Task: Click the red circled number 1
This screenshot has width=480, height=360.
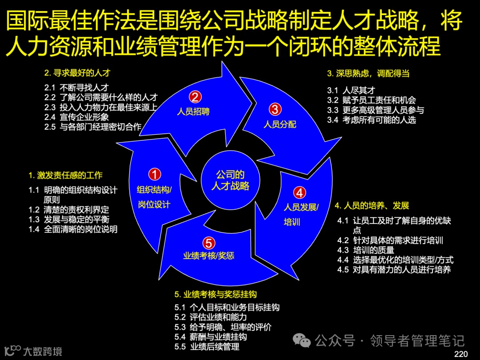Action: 154,174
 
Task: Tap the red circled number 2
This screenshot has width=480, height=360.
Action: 194,97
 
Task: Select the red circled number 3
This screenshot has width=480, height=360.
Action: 275,109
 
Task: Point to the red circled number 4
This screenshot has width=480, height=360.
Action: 300,192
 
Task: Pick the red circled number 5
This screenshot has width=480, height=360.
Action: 209,243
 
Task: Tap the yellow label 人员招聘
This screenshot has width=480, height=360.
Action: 193,111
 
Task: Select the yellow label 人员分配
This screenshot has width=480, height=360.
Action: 280,124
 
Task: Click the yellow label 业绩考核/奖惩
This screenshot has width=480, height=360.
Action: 208,256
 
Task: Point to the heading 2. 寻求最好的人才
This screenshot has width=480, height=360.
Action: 76,73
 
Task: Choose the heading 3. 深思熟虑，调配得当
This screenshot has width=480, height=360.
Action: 368,73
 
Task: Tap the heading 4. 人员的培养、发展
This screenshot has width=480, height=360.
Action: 372,205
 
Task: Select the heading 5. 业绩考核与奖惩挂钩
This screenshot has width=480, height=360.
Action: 216,294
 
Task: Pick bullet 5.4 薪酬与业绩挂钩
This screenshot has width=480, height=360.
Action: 211,337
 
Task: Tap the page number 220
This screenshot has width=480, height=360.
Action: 461,354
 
